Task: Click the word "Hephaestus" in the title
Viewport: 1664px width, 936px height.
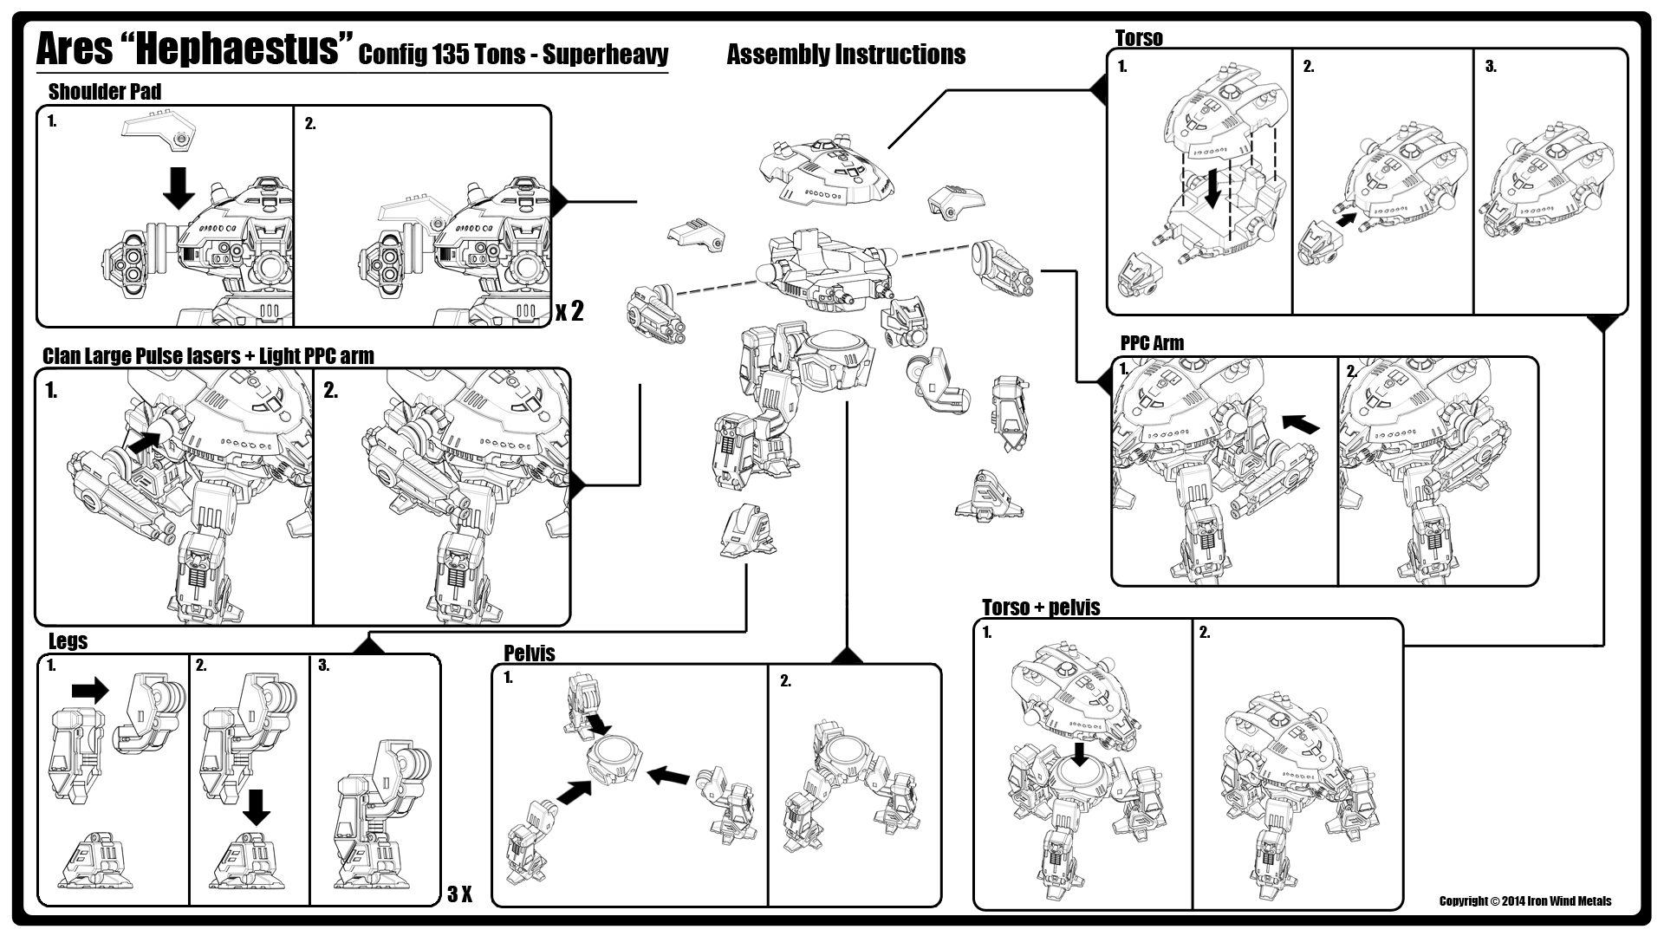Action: [x=237, y=49]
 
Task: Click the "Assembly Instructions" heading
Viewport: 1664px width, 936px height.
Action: [x=846, y=55]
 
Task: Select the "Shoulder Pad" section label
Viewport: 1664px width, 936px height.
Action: [x=105, y=92]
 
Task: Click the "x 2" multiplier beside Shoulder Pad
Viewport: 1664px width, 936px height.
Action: [x=569, y=311]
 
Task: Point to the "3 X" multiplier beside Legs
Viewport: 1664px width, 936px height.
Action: [x=459, y=894]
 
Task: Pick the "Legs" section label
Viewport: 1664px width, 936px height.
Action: [x=68, y=641]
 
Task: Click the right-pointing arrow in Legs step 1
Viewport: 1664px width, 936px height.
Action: [x=89, y=690]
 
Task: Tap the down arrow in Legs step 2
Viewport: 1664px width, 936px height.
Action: [x=256, y=806]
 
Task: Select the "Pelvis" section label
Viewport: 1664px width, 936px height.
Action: [x=529, y=653]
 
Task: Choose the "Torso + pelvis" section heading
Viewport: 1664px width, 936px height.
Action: [x=1041, y=608]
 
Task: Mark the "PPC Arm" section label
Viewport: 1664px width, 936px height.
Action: [x=1152, y=343]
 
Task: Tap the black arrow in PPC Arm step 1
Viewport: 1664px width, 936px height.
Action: [x=1300, y=423]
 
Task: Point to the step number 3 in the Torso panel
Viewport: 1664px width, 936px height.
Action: [x=1491, y=67]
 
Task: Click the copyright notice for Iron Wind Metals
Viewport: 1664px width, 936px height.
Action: [x=1525, y=901]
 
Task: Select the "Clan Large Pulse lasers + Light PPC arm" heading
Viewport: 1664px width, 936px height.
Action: [x=208, y=356]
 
